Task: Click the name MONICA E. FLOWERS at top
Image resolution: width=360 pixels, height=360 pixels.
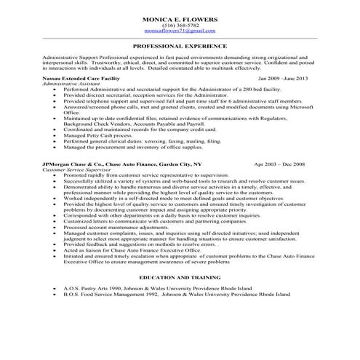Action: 180,19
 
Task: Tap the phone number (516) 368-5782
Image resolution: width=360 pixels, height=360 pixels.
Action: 180,25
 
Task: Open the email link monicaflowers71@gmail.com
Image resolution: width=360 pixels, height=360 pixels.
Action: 180,31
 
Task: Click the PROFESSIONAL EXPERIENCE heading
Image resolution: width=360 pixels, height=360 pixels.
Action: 180,45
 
